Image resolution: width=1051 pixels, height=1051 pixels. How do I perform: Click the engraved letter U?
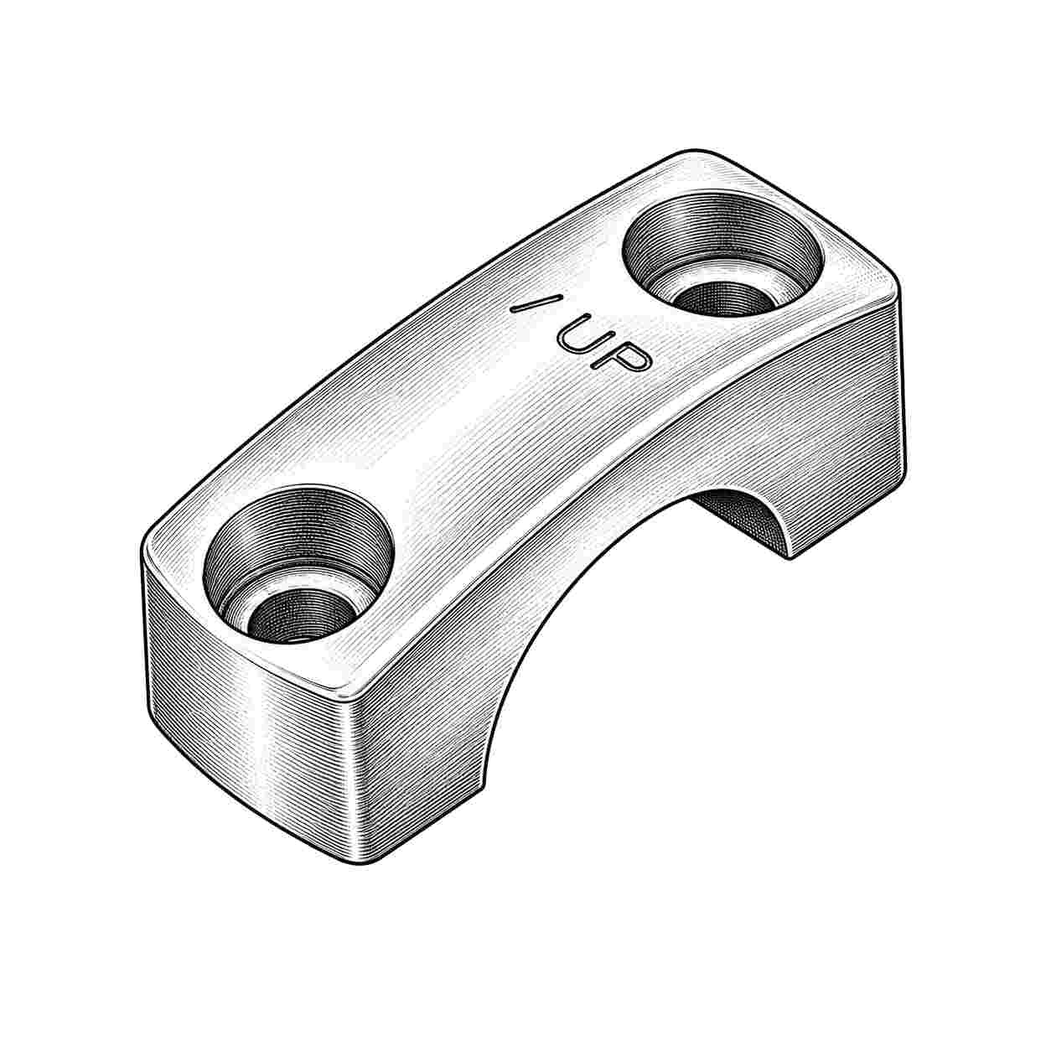click(x=578, y=333)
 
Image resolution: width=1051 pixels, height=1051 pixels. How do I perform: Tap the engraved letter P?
click(x=622, y=357)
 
